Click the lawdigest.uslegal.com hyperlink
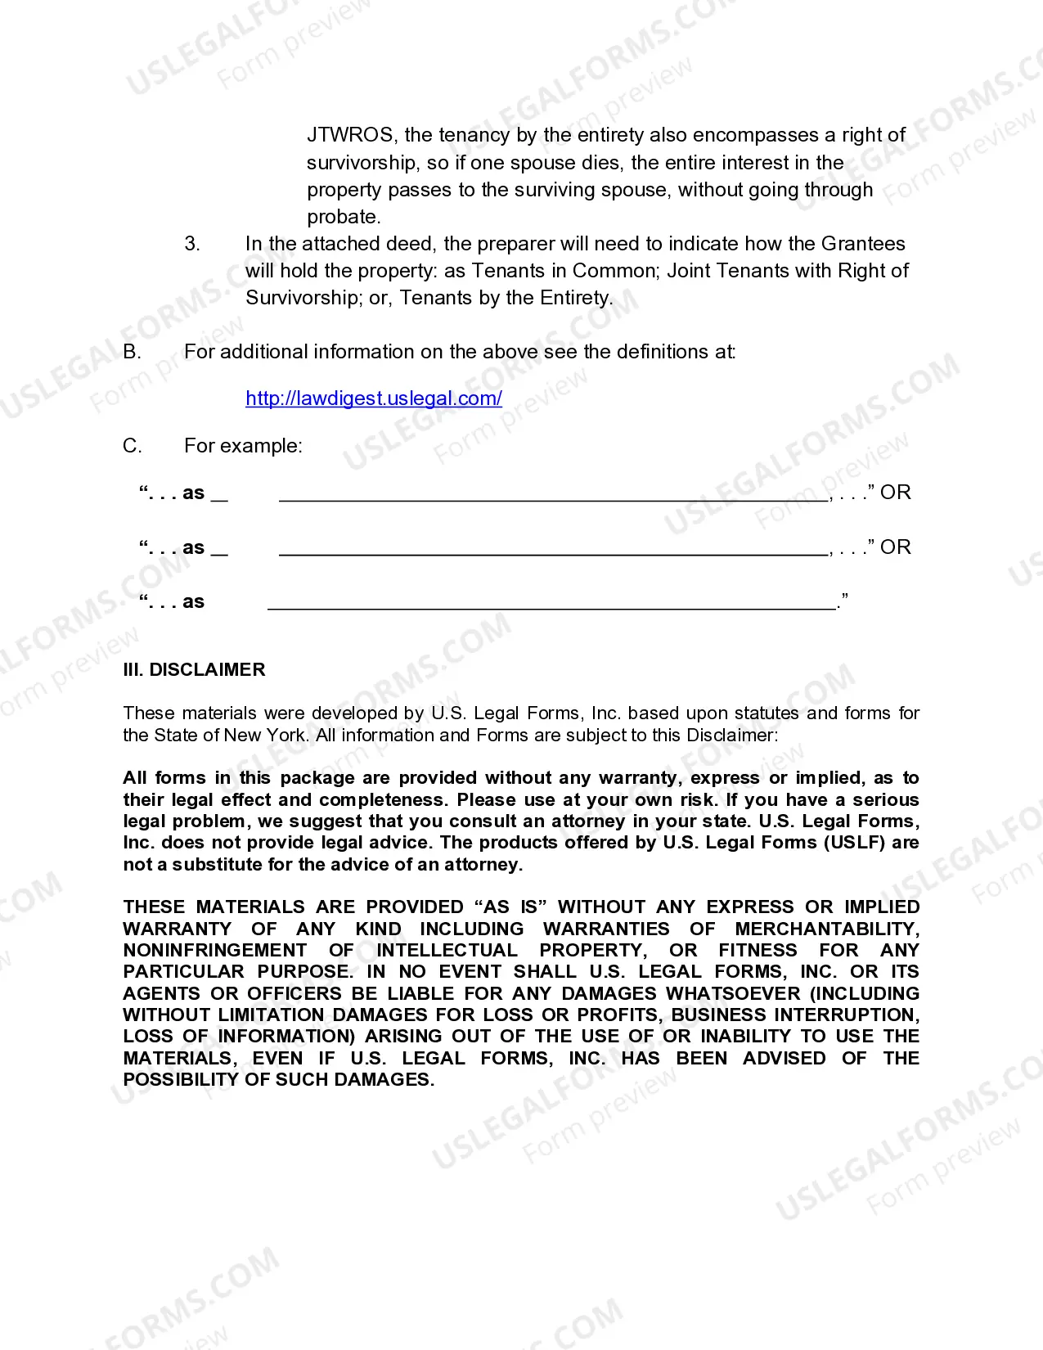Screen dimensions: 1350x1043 [374, 398]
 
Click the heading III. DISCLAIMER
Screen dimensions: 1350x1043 [194, 669]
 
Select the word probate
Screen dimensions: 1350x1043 [343, 217]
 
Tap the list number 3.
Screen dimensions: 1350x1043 [191, 244]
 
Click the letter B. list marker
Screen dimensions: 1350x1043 [132, 352]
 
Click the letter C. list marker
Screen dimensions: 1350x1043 [132, 446]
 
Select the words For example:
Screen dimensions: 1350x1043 [243, 446]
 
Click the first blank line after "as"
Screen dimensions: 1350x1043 [553, 493]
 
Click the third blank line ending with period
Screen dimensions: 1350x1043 [552, 603]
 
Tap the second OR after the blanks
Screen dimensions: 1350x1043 [895, 547]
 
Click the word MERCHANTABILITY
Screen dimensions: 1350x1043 [826, 929]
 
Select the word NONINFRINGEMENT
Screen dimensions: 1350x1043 [214, 950]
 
